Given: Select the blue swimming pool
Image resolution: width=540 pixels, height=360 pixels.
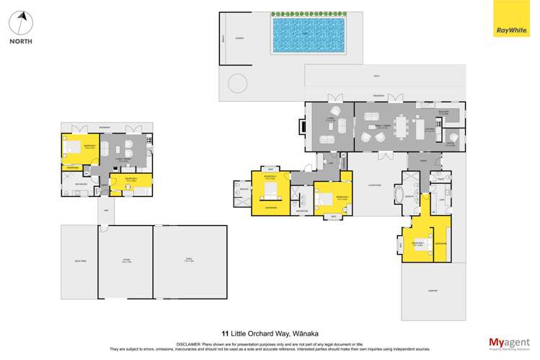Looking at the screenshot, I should click(309, 35).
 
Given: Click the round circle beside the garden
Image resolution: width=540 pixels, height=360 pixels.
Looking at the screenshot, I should click(237, 84).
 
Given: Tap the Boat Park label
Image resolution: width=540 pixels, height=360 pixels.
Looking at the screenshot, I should click(79, 260).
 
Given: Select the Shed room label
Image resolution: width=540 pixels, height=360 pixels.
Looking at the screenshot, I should click(190, 260).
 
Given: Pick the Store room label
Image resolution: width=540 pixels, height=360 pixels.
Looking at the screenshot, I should click(126, 260).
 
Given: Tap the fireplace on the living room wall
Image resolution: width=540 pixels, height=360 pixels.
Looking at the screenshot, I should click(302, 126).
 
